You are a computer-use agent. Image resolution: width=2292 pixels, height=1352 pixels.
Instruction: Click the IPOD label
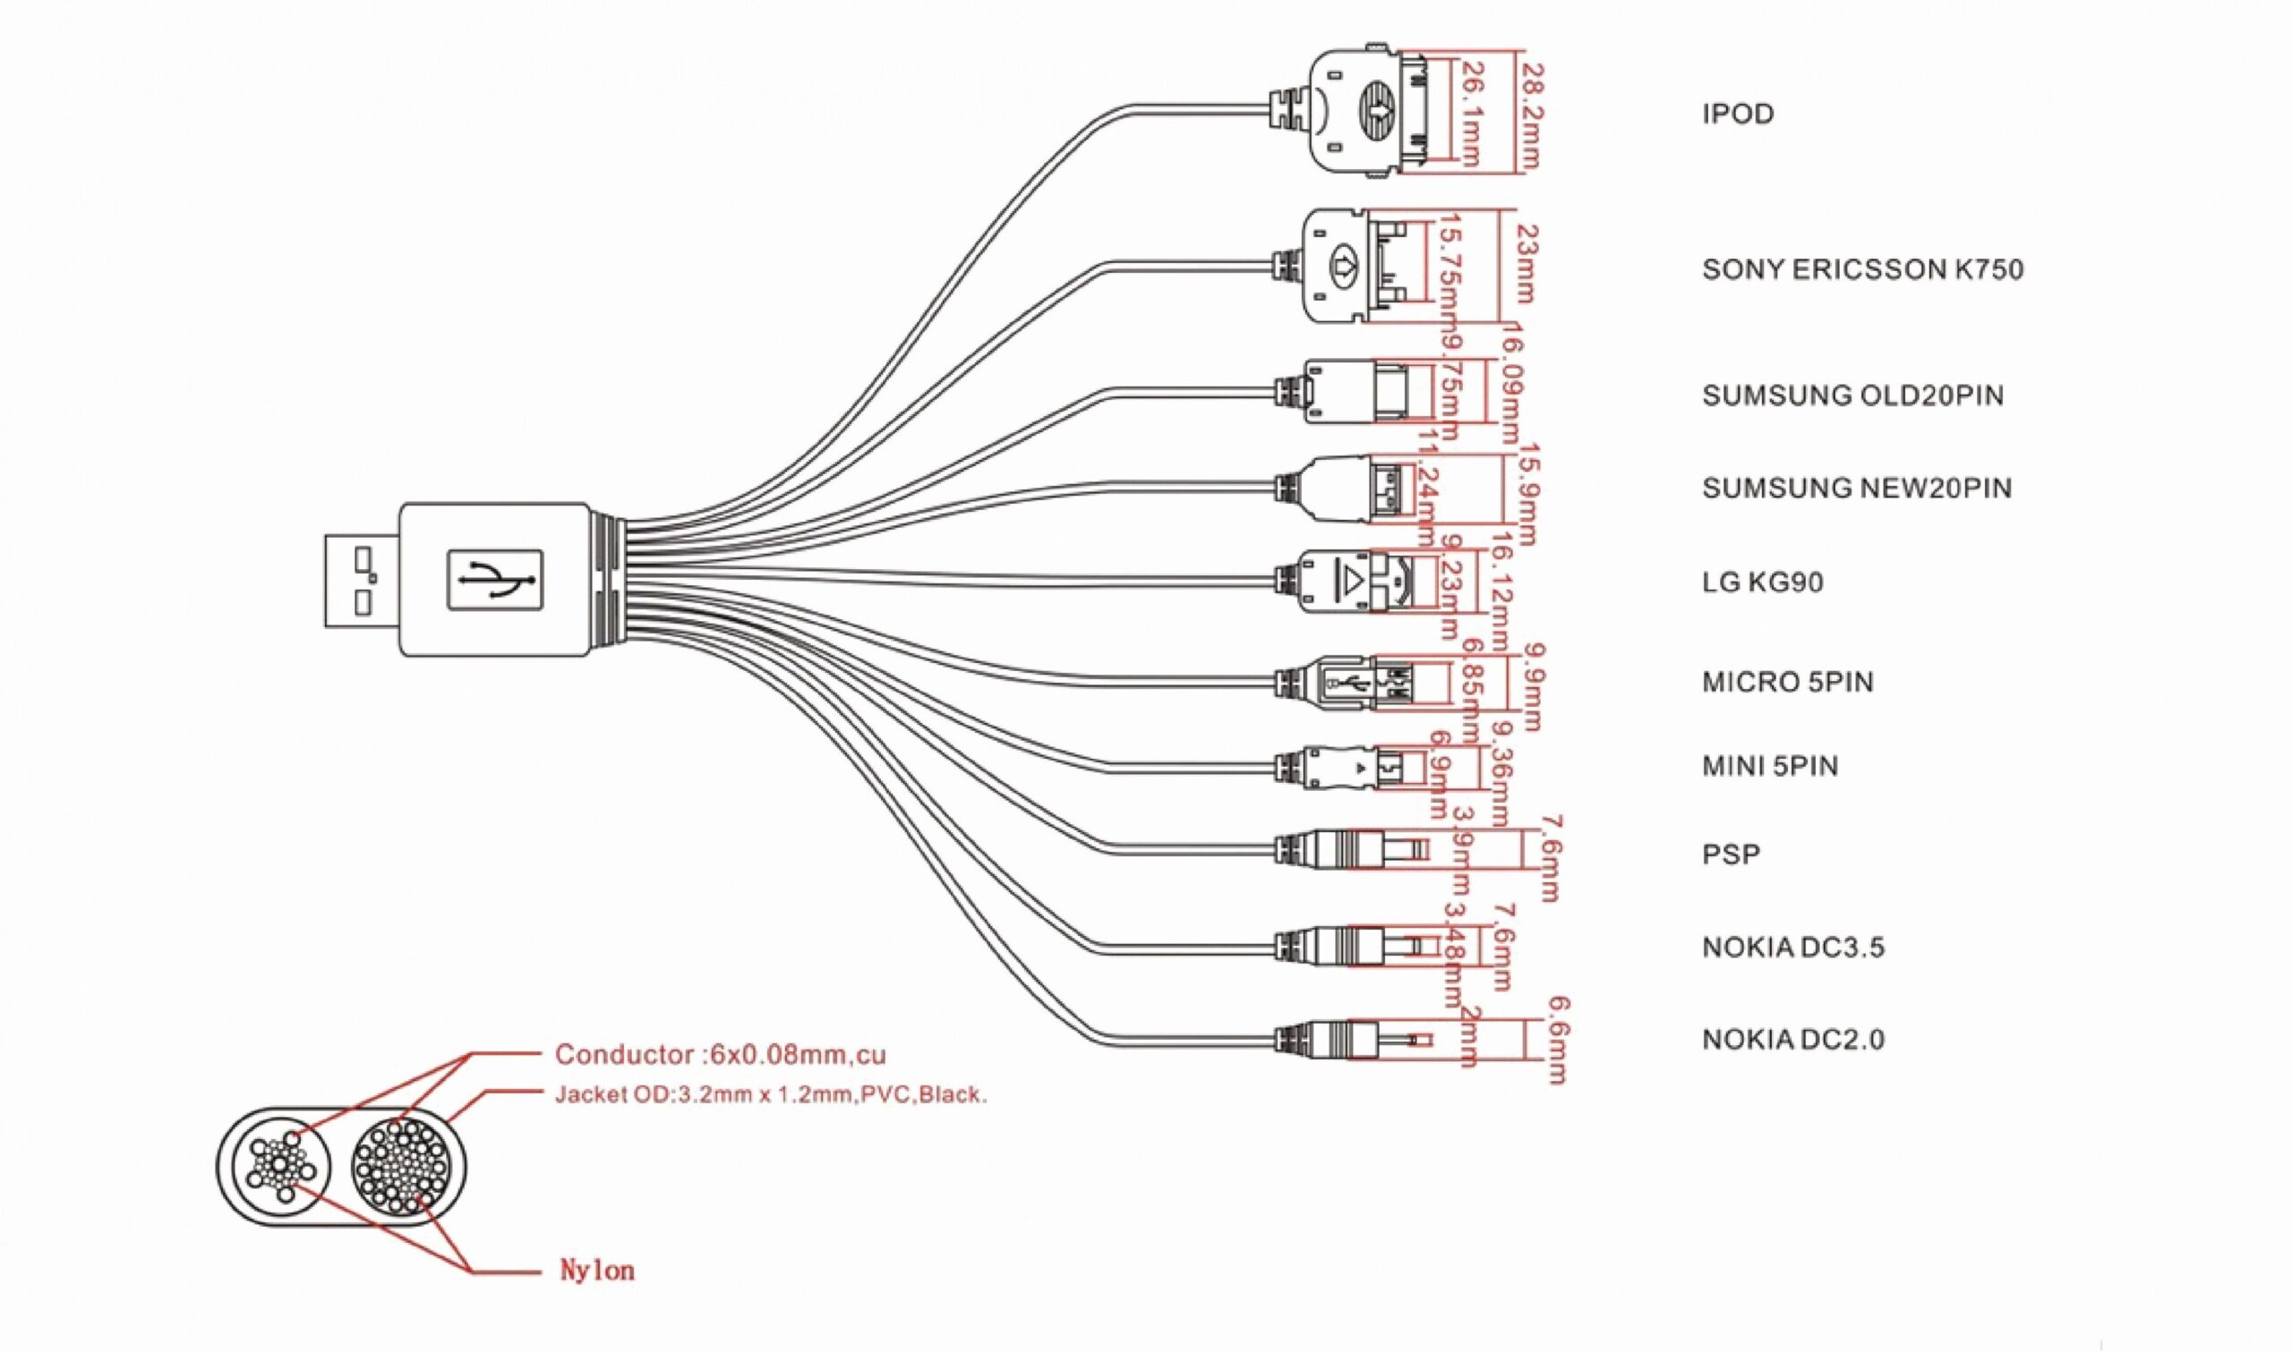(1737, 115)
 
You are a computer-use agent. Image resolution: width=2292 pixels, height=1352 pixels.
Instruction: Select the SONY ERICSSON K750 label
(1862, 269)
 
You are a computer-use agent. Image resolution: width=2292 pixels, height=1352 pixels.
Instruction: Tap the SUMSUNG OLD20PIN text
(1852, 395)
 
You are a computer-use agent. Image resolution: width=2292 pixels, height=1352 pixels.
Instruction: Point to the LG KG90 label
(1762, 582)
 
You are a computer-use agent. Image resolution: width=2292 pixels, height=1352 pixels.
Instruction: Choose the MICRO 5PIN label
(1786, 683)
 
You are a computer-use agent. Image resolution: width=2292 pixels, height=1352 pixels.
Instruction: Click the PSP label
(1731, 855)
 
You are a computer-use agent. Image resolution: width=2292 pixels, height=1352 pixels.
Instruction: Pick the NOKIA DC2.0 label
(1792, 1040)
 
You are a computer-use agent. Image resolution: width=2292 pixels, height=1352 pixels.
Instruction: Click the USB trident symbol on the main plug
(496, 580)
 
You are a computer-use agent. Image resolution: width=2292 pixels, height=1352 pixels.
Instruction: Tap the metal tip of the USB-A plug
(361, 580)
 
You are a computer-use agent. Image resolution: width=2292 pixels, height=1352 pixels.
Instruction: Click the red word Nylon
(597, 1271)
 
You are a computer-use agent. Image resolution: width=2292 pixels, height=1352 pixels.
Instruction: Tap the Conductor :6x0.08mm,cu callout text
(720, 1055)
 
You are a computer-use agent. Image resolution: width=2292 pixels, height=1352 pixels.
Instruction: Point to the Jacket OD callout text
(771, 1095)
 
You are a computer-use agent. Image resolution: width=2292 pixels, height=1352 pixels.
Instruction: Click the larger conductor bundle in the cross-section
(400, 1168)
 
